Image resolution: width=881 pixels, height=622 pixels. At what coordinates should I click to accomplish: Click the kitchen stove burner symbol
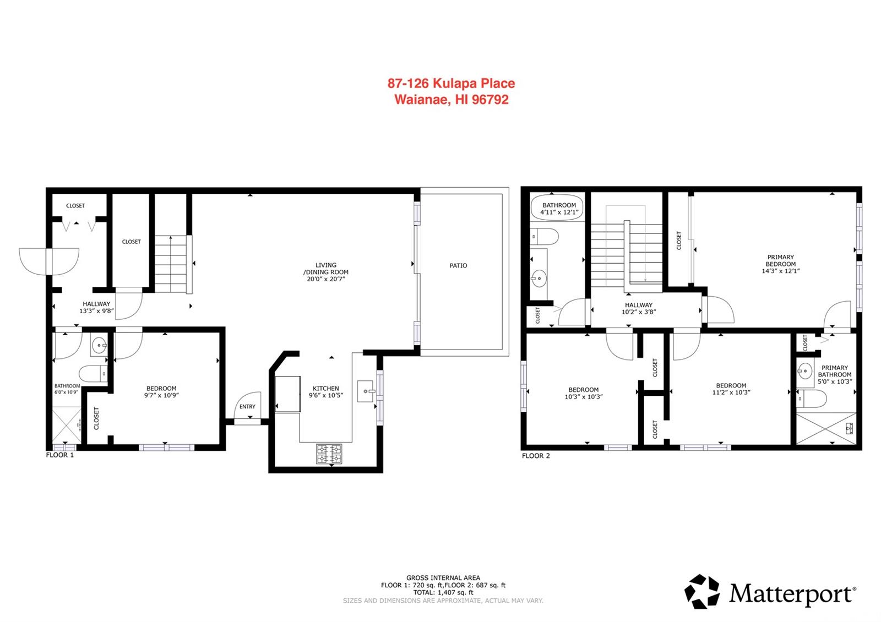[329, 454]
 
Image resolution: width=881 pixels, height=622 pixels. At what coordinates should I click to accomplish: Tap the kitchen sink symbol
[365, 391]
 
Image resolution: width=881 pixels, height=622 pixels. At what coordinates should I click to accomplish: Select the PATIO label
[458, 265]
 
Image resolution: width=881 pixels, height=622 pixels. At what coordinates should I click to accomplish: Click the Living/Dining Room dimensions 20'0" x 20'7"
[325, 279]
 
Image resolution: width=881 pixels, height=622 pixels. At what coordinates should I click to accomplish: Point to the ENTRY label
[247, 407]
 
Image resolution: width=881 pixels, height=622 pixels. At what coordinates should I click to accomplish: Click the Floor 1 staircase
[171, 264]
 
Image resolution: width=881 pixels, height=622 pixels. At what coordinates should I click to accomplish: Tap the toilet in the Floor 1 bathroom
[93, 374]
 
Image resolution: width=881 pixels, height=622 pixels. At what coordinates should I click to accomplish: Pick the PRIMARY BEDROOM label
[780, 260]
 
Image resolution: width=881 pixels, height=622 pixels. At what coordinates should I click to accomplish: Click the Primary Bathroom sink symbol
[805, 371]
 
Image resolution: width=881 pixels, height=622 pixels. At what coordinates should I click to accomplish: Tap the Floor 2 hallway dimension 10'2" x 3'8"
[638, 312]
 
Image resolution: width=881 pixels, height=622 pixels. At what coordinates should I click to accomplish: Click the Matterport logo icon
[702, 592]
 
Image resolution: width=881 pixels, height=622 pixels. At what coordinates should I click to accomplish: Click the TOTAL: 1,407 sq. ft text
[443, 593]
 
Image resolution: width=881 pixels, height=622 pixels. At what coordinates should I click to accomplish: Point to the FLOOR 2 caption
[536, 456]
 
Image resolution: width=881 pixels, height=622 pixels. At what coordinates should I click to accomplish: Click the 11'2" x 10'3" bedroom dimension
[731, 392]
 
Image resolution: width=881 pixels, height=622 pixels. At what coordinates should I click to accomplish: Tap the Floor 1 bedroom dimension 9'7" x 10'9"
[161, 395]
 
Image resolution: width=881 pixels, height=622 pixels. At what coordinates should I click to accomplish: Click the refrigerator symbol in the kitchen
[287, 394]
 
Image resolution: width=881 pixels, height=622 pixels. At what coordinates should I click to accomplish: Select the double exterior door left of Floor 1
[49, 261]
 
